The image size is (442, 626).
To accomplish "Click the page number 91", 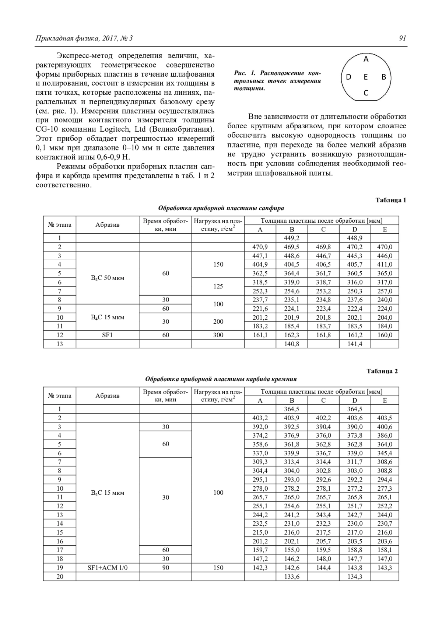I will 402,38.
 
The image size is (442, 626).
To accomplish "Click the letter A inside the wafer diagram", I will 366,59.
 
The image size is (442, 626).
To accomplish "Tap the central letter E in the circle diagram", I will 366,77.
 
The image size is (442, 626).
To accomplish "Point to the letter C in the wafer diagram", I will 366,93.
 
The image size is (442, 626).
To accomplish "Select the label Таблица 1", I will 390,200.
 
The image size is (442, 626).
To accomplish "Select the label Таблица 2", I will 382,371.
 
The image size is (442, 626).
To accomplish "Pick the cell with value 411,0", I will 385,264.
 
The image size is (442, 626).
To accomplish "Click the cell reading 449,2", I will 291,238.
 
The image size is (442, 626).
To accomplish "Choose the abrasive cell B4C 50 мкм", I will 107,278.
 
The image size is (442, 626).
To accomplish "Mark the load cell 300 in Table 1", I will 218,335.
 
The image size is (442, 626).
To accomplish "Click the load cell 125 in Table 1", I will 218,286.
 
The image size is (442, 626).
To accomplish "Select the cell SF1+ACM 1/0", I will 107,568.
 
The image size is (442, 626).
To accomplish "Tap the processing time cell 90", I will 165,568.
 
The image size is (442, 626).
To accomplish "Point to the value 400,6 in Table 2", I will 385,427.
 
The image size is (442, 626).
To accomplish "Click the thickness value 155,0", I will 291,550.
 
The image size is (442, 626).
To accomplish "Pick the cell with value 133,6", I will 291,577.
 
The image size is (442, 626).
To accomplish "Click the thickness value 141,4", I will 355,344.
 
